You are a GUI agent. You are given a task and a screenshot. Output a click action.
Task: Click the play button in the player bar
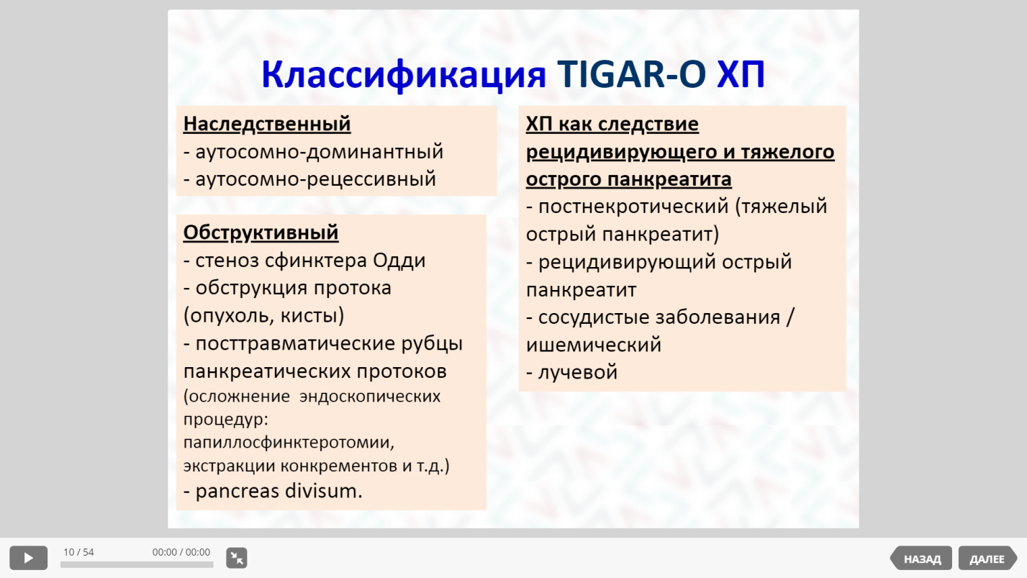pyautogui.click(x=28, y=558)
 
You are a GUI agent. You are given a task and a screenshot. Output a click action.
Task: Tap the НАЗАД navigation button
pyautogui.click(x=921, y=559)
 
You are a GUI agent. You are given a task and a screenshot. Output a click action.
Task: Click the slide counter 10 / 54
pyautogui.click(x=78, y=552)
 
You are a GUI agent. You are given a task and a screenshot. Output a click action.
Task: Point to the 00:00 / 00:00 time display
pyautogui.click(x=181, y=552)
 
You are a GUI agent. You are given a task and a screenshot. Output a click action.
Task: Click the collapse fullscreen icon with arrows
pyautogui.click(x=237, y=558)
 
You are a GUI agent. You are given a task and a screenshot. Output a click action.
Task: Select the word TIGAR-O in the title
pyautogui.click(x=631, y=74)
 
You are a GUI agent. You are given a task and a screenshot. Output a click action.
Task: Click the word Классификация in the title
pyautogui.click(x=404, y=76)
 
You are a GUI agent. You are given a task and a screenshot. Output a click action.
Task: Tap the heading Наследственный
pyautogui.click(x=267, y=124)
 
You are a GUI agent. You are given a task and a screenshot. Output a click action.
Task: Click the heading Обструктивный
pyautogui.click(x=261, y=232)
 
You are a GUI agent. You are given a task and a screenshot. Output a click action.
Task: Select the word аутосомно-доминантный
pyautogui.click(x=320, y=151)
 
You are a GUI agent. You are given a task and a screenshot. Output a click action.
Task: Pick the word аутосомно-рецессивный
pyautogui.click(x=315, y=179)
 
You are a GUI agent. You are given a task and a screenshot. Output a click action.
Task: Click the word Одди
pyautogui.click(x=399, y=261)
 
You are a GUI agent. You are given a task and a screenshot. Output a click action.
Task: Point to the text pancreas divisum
pyautogui.click(x=279, y=491)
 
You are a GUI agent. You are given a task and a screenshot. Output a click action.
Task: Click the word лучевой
pyautogui.click(x=578, y=372)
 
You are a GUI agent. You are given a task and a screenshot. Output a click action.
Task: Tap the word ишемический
pyautogui.click(x=594, y=345)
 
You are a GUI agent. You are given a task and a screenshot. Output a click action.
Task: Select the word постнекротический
pyautogui.click(x=633, y=207)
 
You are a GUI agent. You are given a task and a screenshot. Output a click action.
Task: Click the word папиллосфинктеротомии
pyautogui.click(x=289, y=443)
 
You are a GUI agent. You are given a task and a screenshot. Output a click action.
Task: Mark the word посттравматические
pyautogui.click(x=295, y=343)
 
